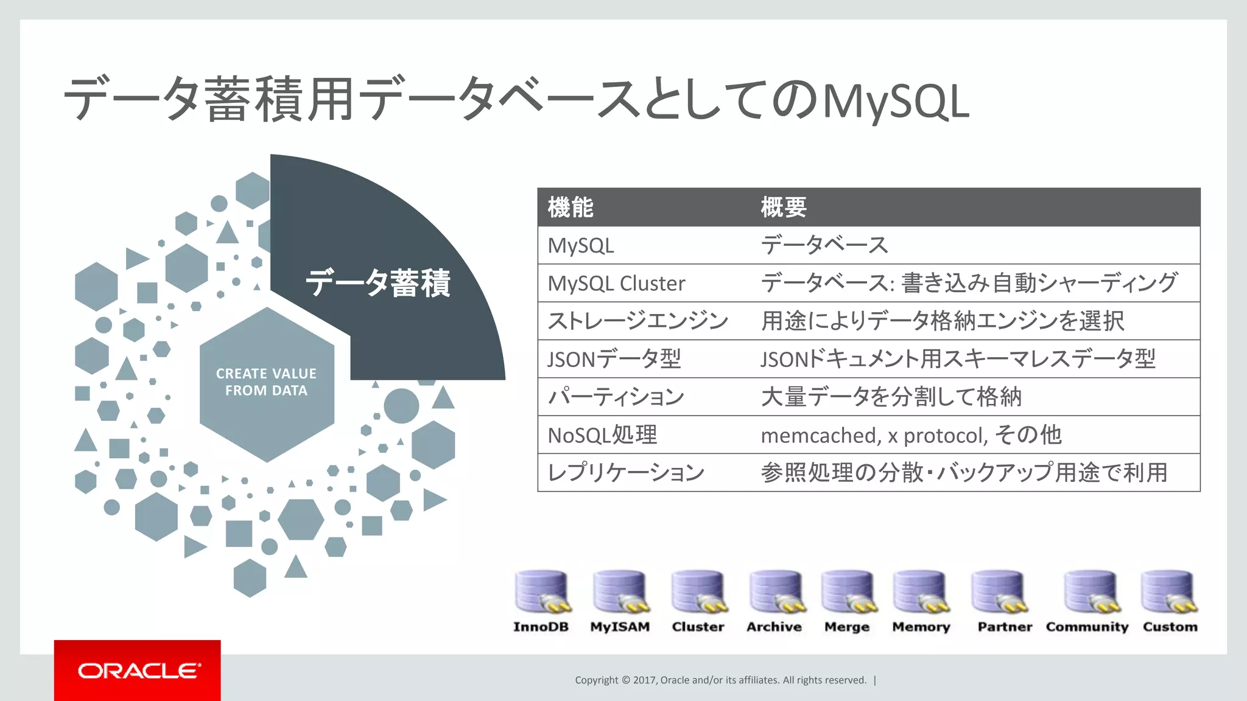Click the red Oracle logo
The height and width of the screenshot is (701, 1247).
coord(138,671)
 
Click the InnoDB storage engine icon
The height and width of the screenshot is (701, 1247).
coord(541,592)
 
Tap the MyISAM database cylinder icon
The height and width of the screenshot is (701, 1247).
coord(620,592)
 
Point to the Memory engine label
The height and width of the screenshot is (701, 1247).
coord(921,627)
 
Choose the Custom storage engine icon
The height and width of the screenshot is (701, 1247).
coord(1169,592)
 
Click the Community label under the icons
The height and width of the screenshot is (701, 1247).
coord(1087,627)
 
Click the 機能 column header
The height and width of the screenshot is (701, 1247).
coord(571,208)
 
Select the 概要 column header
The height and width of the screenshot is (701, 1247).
coord(784,208)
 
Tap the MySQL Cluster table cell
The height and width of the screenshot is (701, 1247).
coord(616,284)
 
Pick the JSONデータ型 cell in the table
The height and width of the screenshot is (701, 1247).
coord(614,359)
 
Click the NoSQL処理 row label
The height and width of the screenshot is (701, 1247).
coord(602,435)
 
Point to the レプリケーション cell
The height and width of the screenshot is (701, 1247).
coord(626,473)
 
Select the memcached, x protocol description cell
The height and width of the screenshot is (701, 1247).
coord(911,435)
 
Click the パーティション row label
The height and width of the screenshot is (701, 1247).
coord(616,397)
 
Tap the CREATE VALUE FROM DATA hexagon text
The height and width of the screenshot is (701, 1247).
coord(266,382)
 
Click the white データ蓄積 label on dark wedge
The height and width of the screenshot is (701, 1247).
coord(378,284)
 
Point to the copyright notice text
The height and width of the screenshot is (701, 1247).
coord(720,680)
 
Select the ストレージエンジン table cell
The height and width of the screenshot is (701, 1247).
coord(638,321)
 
